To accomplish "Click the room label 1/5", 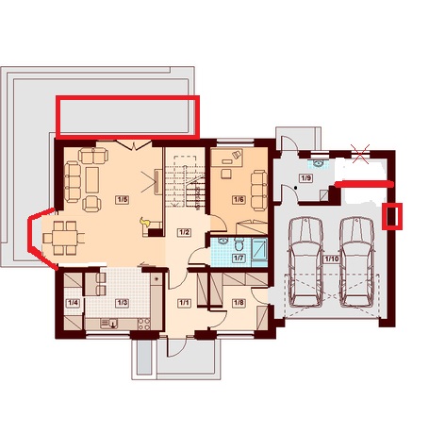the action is click(x=123, y=200).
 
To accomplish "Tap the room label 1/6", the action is click(x=239, y=199).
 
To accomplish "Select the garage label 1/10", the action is click(x=332, y=259).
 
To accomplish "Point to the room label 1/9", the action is click(x=306, y=178).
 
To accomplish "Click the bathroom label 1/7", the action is click(x=239, y=259).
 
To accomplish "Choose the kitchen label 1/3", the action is click(x=122, y=303).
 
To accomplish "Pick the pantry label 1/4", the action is click(x=73, y=303).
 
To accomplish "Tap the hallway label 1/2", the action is click(x=184, y=232).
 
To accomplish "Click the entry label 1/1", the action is click(x=184, y=303).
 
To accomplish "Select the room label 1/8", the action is click(x=239, y=303).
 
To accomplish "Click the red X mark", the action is click(x=361, y=154).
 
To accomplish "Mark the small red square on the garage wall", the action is click(x=392, y=216).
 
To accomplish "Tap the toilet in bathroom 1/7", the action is click(x=239, y=243).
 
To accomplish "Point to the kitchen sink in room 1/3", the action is click(x=109, y=324).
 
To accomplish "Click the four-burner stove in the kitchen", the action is click(x=144, y=325).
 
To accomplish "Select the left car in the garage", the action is click(x=305, y=261).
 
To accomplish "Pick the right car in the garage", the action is click(x=357, y=261).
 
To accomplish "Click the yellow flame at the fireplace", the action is click(x=145, y=222).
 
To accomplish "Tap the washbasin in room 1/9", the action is click(x=318, y=163).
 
